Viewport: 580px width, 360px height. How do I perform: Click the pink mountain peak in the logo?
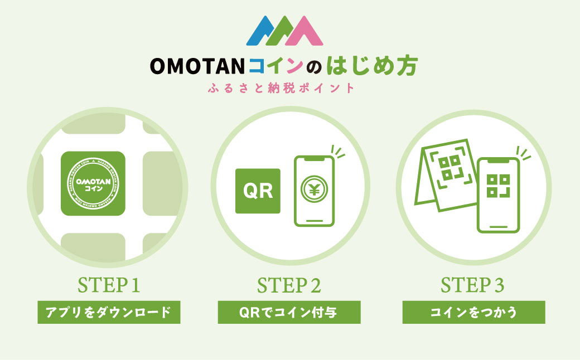(306, 32)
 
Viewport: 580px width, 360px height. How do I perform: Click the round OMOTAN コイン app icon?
(93, 183)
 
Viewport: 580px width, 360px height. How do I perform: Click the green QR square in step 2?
(258, 191)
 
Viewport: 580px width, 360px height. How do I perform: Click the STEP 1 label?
(109, 285)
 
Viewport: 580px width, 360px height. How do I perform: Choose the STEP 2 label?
(289, 285)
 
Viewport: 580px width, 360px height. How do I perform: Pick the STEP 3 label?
(473, 285)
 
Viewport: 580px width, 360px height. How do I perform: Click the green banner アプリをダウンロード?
(109, 312)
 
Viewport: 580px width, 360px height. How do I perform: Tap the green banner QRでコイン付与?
(289, 312)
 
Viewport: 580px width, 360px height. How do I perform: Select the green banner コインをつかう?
(473, 312)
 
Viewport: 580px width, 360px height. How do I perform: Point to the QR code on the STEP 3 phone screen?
(497, 186)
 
